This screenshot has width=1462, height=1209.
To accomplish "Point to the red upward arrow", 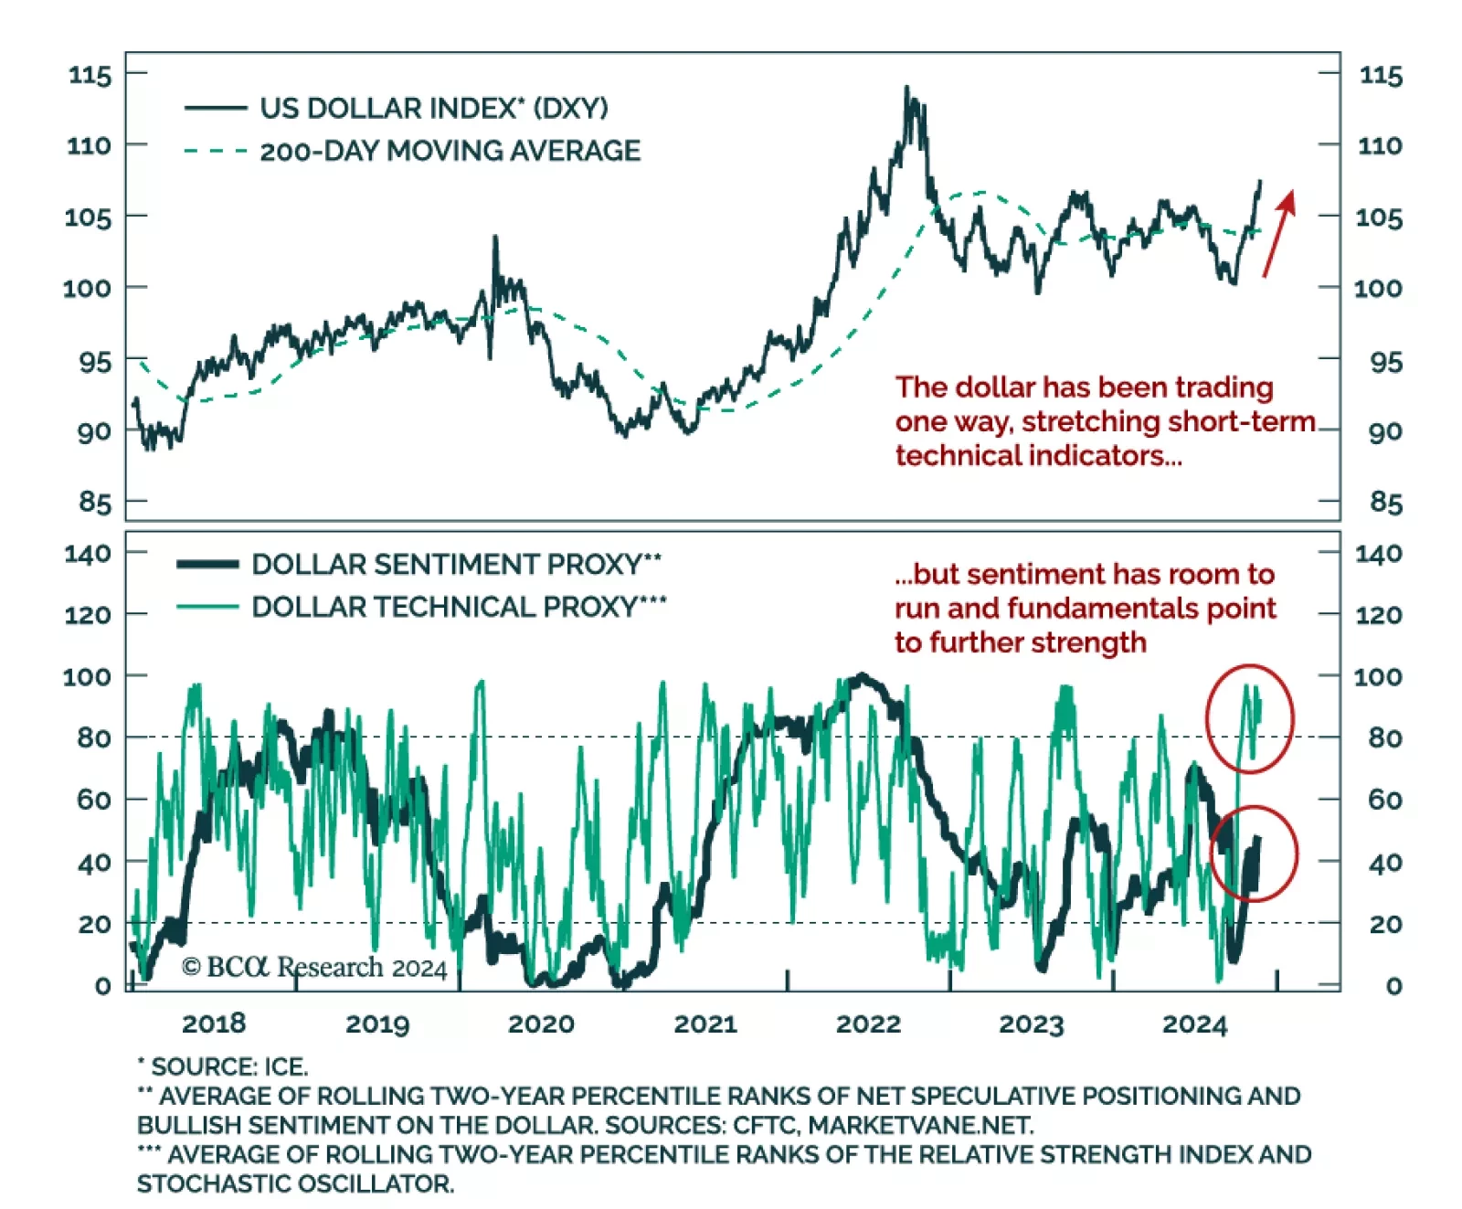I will point(1279,232).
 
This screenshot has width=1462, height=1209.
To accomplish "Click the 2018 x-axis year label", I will point(214,1023).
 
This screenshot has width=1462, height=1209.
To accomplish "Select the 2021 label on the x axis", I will point(705,1023).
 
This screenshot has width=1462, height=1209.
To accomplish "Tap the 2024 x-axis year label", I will point(1194,1023).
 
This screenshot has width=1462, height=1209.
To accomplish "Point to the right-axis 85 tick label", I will point(1385,503).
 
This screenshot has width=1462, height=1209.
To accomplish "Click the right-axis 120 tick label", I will point(1378,615).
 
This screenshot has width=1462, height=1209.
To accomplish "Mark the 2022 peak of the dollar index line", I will point(906,89).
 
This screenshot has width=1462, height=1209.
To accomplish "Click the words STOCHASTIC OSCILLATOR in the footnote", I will point(295,1183).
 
